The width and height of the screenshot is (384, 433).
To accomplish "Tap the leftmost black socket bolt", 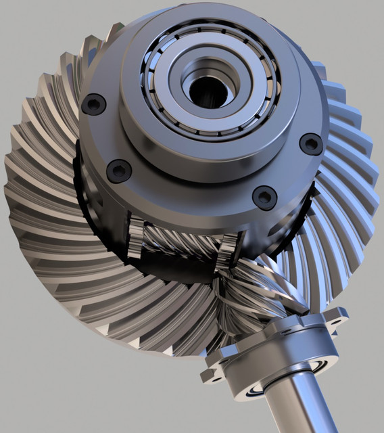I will pos(93,104).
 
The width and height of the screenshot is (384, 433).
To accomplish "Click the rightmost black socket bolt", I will pos(310,143).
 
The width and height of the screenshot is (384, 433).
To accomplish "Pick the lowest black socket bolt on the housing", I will pos(263,197).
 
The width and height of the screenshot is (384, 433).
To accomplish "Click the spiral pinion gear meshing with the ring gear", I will pos(250,291).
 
